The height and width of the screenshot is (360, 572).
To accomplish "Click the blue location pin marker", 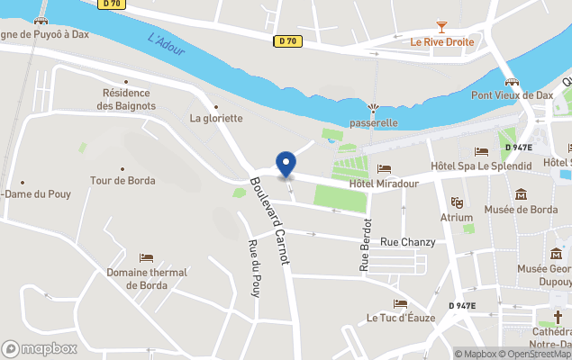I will pyautogui.click(x=286, y=165).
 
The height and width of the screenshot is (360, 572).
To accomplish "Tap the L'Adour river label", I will pyautogui.click(x=166, y=45).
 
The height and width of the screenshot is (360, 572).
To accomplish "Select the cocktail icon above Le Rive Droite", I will pyautogui.click(x=441, y=27).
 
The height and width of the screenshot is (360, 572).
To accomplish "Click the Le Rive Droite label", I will pyautogui.click(x=441, y=42).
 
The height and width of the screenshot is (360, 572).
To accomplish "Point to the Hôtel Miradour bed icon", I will pyautogui.click(x=385, y=168).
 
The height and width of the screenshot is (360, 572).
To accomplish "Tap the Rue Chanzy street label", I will pyautogui.click(x=407, y=242).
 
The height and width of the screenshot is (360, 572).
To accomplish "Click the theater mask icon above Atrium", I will pyautogui.click(x=457, y=202).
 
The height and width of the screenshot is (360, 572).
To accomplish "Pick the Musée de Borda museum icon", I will pyautogui.click(x=521, y=194).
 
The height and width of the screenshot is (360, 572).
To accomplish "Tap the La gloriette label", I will pyautogui.click(x=216, y=118).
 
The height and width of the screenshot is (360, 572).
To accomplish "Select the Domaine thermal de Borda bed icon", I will pyautogui.click(x=147, y=258).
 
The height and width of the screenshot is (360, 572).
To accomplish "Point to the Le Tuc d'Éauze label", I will pyautogui.click(x=401, y=318).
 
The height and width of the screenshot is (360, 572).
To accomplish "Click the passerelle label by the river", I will pyautogui.click(x=374, y=122).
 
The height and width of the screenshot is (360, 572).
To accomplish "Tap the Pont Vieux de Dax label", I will pyautogui.click(x=513, y=94).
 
